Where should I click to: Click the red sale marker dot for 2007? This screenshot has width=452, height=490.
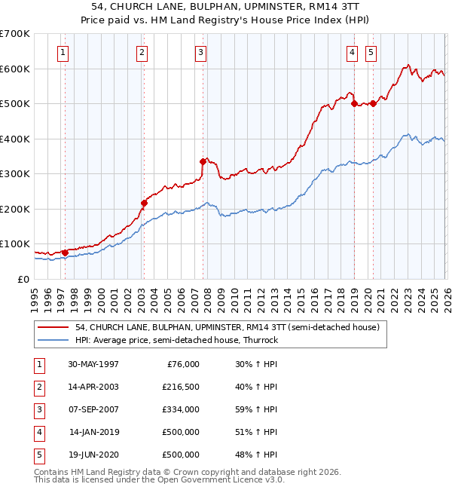(203, 161)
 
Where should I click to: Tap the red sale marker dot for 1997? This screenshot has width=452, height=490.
(65, 253)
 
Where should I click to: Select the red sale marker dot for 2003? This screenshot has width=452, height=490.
(144, 203)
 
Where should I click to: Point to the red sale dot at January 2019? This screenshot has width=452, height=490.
(354, 104)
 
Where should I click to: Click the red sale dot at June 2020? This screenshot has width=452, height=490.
(373, 104)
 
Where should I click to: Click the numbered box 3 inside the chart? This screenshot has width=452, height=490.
(200, 54)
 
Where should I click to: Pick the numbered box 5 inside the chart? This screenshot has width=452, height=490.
(371, 54)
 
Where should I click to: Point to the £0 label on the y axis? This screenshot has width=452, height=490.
(23, 280)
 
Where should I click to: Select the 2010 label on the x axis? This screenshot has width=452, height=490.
(234, 300)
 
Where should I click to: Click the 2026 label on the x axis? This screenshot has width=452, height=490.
(447, 300)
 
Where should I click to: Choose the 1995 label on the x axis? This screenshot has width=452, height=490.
(35, 300)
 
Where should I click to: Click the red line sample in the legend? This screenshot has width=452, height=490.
(53, 327)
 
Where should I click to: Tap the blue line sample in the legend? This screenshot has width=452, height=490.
(53, 340)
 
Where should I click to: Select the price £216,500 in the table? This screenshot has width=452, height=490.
(181, 387)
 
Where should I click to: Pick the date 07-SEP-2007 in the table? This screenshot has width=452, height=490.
(93, 409)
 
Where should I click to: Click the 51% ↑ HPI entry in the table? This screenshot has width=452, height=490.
(256, 432)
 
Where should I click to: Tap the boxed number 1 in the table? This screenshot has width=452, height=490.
(39, 366)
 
